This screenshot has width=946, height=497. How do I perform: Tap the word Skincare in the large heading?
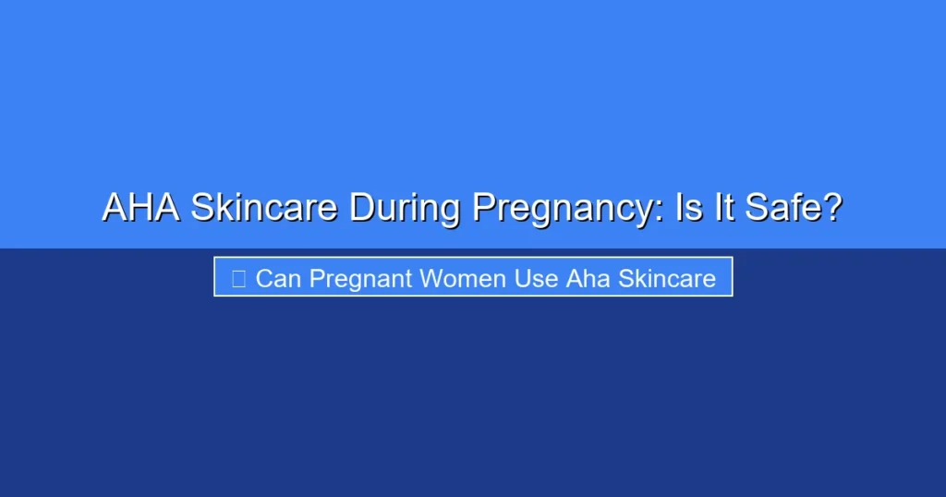click(x=263, y=208)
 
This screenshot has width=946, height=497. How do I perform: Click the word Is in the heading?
click(x=690, y=208)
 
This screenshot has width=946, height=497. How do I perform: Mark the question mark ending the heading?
click(x=832, y=208)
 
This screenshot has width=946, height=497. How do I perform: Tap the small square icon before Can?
click(x=238, y=278)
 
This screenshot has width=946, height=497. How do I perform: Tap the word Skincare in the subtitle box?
click(x=666, y=278)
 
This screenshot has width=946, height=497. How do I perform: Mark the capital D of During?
click(x=361, y=208)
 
